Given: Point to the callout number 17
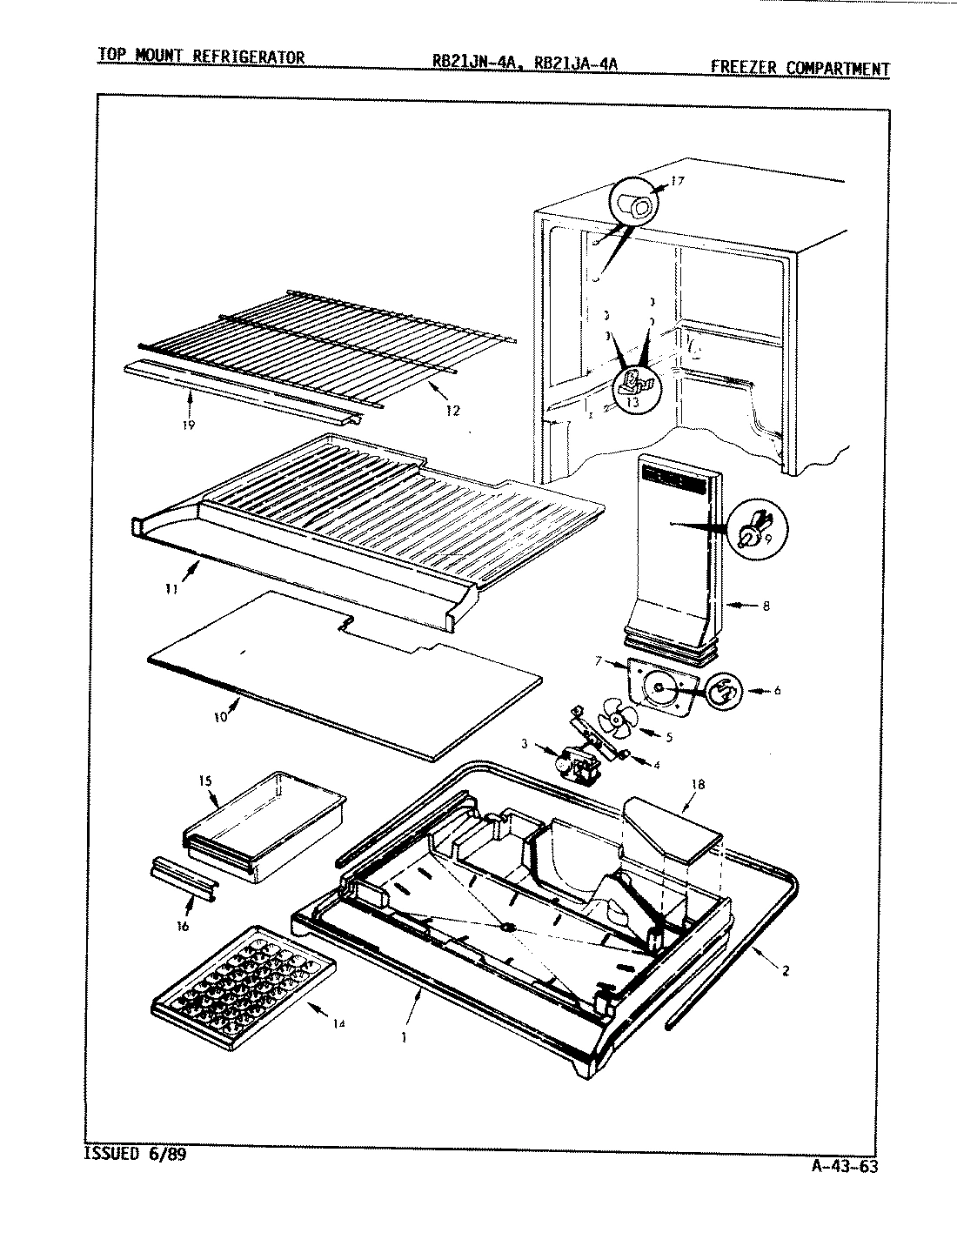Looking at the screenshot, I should coord(679,182).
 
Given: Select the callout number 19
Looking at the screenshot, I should coord(188,425).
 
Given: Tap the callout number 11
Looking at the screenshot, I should coord(171,588).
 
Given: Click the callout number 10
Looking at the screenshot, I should coord(220,716).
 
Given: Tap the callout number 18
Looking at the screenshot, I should coord(697,784).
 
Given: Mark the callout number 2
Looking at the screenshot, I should coord(786,971).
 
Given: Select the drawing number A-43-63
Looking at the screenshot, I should coord(841,1168).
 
